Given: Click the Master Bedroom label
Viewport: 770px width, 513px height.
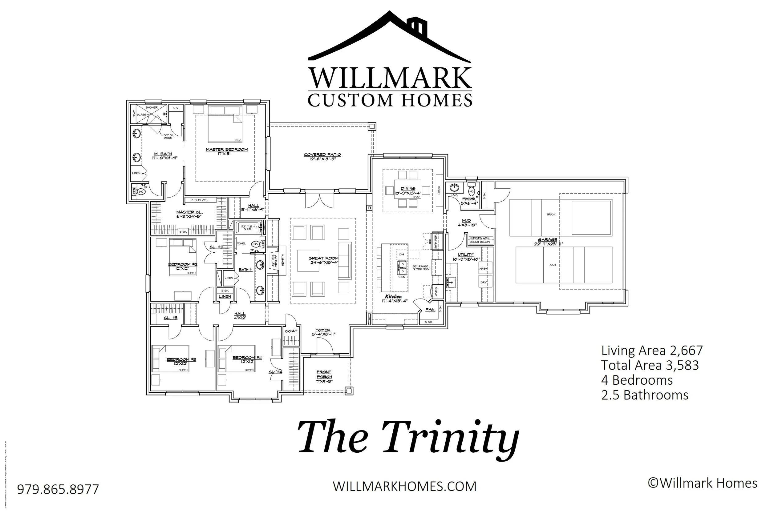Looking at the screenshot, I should coord(227,149).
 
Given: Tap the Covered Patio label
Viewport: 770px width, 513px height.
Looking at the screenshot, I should coord(322,154).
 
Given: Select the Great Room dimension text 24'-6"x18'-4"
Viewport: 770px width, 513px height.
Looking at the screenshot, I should coord(323,263).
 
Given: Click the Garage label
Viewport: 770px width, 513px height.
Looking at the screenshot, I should coord(547,239).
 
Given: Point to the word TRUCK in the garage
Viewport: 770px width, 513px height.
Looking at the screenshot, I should coord(551,214).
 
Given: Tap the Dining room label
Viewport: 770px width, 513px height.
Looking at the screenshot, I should coord(408,188).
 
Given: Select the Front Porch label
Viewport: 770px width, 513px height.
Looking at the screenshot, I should coord(324,374).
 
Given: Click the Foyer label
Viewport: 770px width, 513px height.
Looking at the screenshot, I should coord(323,330).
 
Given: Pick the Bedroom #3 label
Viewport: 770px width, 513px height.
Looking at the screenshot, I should coord(181,359).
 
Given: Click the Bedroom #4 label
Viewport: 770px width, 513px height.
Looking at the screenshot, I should coord(247,357).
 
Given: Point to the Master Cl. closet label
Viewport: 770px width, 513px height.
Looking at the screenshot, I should coord(189,212).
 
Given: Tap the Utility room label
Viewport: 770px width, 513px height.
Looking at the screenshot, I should coord(465,254).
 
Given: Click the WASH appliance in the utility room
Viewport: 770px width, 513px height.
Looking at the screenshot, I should coord(484,268).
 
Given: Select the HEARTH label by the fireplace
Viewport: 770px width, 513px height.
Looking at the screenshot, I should coord(282,260).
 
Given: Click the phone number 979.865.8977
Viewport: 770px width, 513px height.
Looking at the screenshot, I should coord(58,489).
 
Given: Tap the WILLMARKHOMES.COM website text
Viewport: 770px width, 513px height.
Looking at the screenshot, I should coord(404,486).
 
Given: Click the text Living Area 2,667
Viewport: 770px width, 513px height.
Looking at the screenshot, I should coord(652,351).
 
